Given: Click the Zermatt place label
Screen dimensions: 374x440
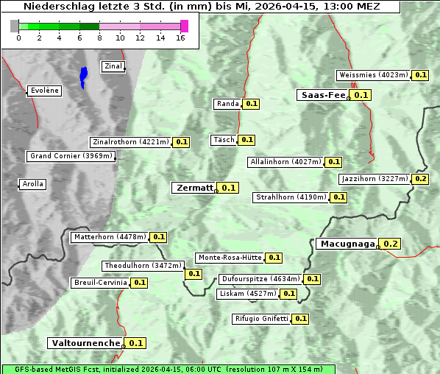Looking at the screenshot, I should [x=194, y=188].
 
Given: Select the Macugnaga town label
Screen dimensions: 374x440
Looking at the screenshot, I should [x=347, y=244].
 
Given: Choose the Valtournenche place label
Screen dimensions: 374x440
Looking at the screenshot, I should [x=85, y=343].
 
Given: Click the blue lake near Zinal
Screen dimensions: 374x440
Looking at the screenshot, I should [x=83, y=77].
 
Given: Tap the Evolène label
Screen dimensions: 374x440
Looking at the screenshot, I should [x=44, y=91].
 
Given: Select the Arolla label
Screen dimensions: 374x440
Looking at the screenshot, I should [x=33, y=184].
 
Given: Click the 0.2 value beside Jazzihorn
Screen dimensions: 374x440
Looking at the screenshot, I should [x=421, y=179].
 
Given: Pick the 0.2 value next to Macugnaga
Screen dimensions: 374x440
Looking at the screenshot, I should [x=391, y=244].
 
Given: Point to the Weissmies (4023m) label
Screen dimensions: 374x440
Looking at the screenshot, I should [x=373, y=75].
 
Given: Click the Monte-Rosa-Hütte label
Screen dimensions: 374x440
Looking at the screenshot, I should [x=230, y=258].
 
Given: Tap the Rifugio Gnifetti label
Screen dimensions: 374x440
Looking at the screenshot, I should [x=261, y=319].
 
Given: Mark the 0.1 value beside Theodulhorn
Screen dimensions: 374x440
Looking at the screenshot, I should [x=194, y=274].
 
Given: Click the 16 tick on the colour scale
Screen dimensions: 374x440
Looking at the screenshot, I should [x=180, y=38].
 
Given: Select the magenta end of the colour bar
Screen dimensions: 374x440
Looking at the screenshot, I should [x=184, y=26].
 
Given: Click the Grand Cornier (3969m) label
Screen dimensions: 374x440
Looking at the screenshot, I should [x=71, y=156].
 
